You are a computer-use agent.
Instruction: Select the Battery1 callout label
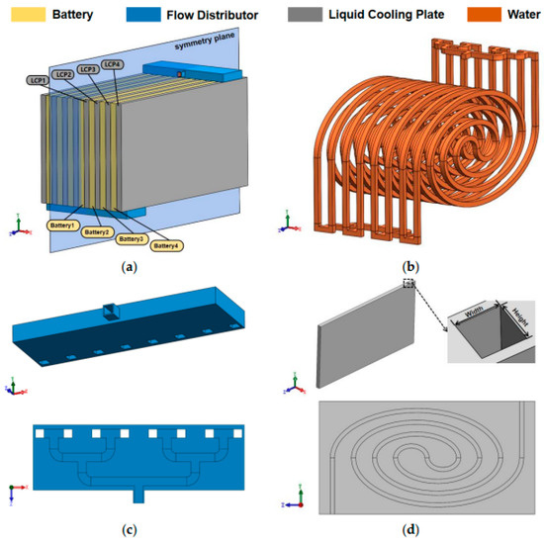tap(60, 226)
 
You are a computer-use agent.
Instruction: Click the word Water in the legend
tap(514, 17)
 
